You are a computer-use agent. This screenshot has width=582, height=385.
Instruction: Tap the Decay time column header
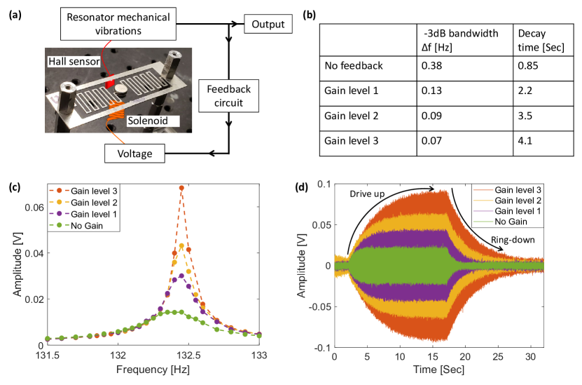[x=532, y=40]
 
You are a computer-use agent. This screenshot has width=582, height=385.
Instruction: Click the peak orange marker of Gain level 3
[x=181, y=188]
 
